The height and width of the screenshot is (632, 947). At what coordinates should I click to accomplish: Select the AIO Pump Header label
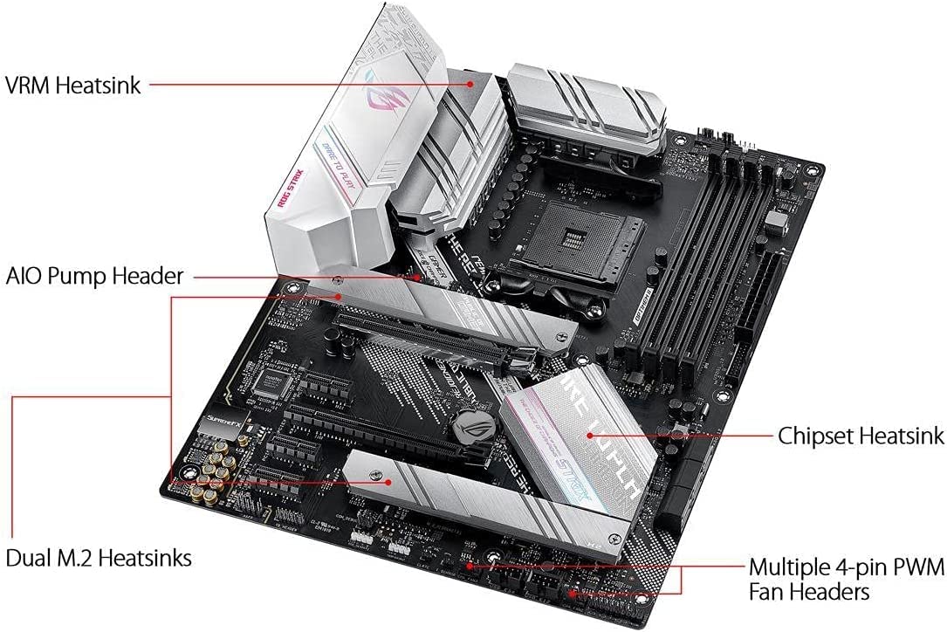point(94,277)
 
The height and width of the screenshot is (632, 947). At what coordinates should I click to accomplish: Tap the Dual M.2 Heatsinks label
point(99,557)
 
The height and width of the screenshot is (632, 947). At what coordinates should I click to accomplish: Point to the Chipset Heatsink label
point(861,435)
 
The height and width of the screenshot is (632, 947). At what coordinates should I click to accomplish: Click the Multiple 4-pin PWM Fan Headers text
point(846,580)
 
